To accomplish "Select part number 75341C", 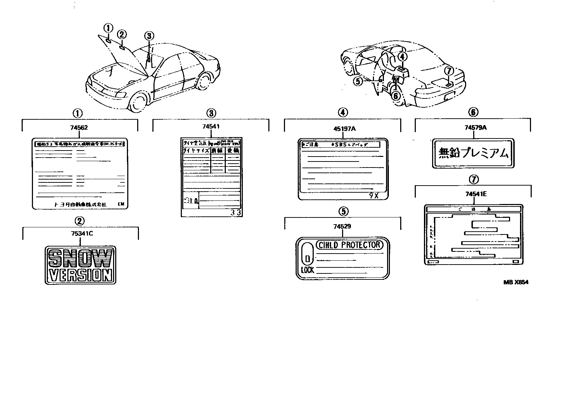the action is [80, 234].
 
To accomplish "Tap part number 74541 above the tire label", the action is [211, 127].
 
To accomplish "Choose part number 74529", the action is [342, 226].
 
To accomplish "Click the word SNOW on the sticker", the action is [80, 258].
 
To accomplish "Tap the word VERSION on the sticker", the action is [80, 275].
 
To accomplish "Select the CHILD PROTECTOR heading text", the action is [349, 245].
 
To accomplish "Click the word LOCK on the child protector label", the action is [307, 270].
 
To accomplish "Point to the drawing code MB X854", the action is [516, 282].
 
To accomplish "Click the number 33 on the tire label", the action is [236, 213].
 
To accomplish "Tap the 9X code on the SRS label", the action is [374, 196].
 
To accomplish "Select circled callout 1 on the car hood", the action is [108, 28].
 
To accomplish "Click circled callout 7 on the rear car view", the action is [449, 71].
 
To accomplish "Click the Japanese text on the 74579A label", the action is [474, 153].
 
